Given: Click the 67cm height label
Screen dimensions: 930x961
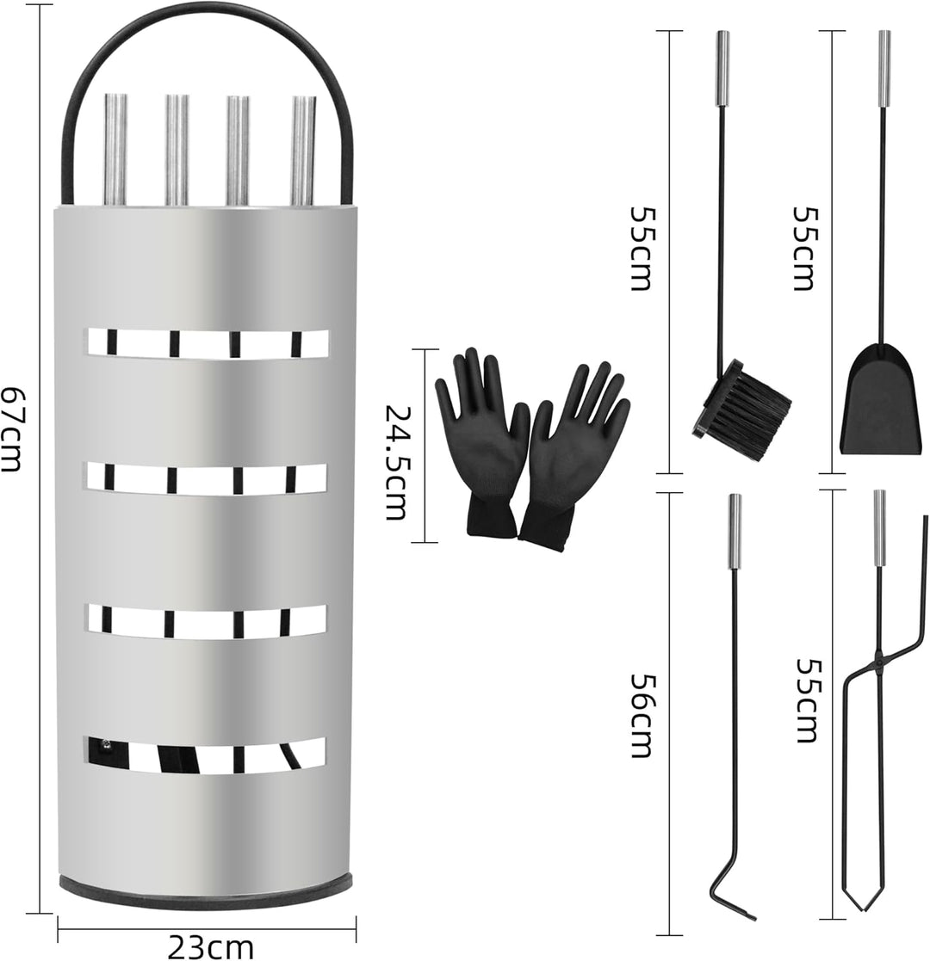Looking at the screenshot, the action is tap(11, 428).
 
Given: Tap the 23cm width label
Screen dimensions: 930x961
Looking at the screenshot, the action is tap(210, 947).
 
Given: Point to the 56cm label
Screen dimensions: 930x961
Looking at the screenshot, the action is tap(642, 716).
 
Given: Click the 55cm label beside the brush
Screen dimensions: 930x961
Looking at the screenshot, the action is tap(642, 249).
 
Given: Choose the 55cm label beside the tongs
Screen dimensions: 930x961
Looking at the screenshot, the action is tap(808, 700).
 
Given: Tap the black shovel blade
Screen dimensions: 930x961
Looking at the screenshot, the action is tap(880, 399).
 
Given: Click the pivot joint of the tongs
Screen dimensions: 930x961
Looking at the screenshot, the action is tap(879, 660).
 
